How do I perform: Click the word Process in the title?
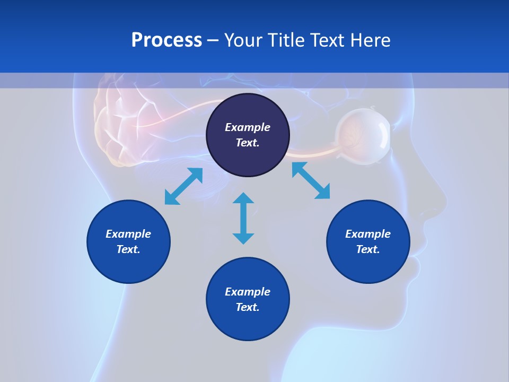tap(166, 40)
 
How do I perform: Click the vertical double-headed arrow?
tap(243, 218)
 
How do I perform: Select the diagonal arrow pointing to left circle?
tap(183, 186)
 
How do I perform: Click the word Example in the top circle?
tap(247, 127)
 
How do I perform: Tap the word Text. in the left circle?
tap(128, 249)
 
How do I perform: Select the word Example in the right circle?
tap(367, 234)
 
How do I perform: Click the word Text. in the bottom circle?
tap(247, 307)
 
